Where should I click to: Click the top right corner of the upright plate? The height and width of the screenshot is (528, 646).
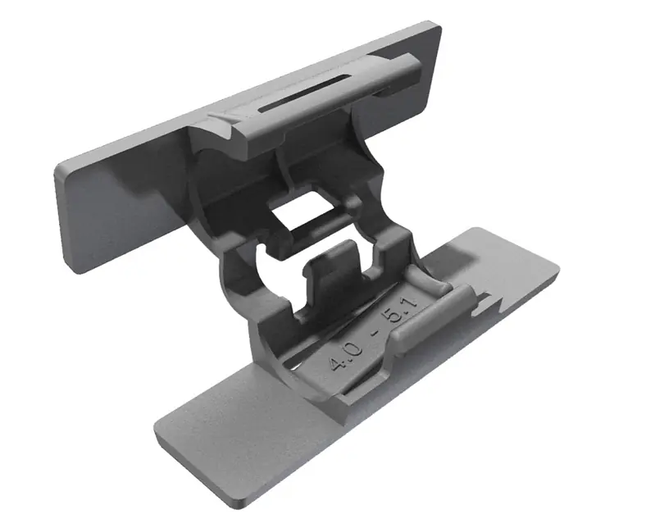(438, 25)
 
